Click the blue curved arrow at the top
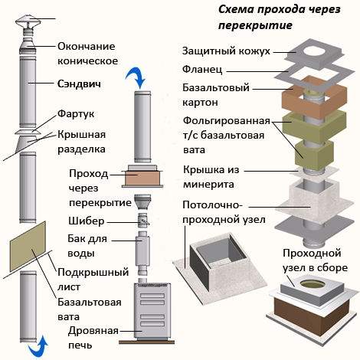(136, 77)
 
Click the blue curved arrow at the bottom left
(38, 347)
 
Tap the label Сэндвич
(79, 84)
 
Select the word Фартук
(76, 114)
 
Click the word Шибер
(87, 221)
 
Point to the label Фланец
(202, 70)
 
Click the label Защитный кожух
(226, 51)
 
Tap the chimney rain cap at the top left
(28, 23)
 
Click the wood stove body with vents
(152, 311)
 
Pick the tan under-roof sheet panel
(28, 246)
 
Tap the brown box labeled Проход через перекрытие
(142, 178)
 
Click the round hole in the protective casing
(315, 52)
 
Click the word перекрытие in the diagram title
(255, 25)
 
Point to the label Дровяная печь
(93, 338)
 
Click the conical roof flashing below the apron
(27, 144)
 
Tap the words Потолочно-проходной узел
(224, 212)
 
